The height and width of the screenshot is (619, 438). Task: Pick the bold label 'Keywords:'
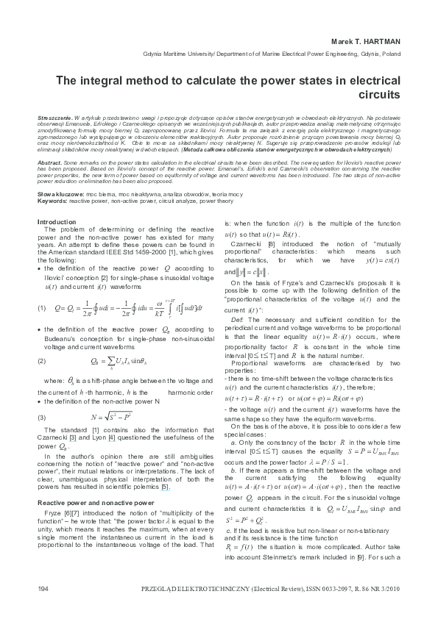point(52,199)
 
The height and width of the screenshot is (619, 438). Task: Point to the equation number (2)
point(42,361)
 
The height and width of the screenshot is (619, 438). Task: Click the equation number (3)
point(42,417)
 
